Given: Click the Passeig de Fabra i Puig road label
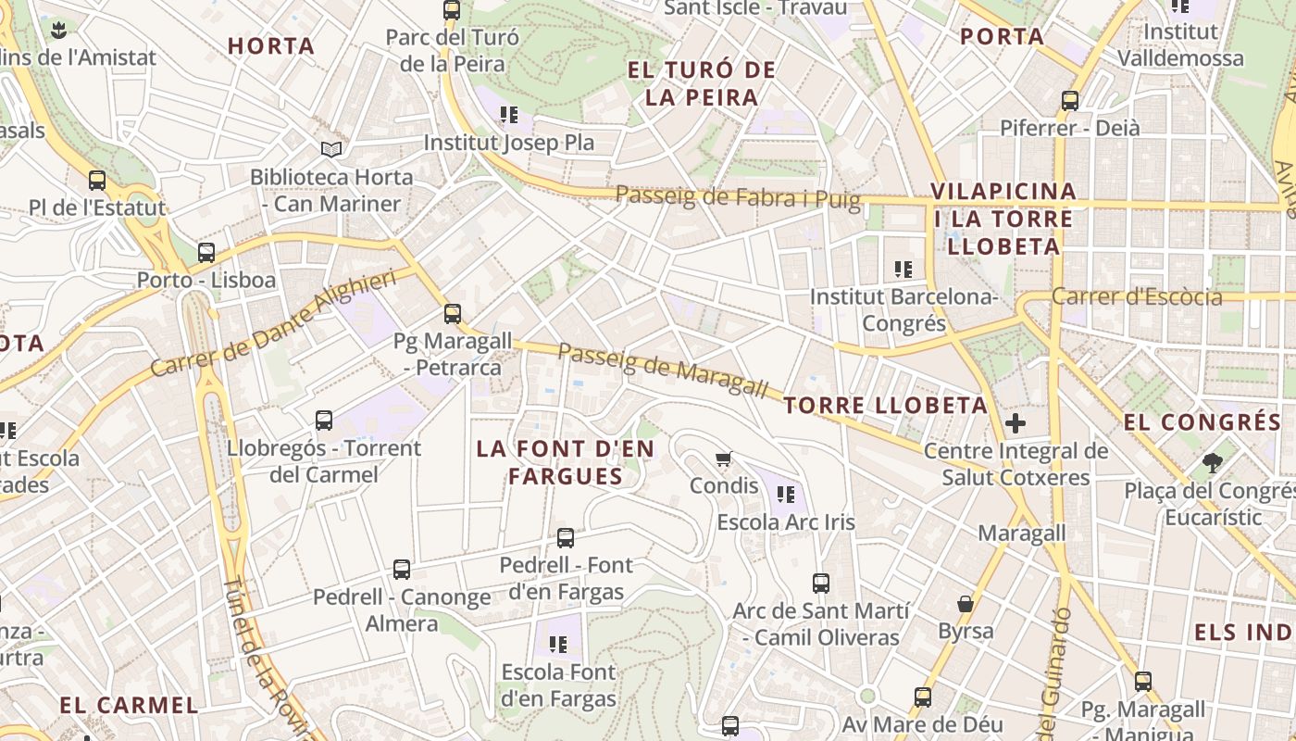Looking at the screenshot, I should (738, 196).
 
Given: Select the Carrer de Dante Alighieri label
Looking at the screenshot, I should (273, 321).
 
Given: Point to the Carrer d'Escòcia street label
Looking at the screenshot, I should (1137, 297).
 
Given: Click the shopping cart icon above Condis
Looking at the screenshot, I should (724, 458).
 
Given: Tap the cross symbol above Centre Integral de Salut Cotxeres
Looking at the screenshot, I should (1016, 424).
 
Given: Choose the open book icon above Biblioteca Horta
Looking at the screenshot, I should (331, 149).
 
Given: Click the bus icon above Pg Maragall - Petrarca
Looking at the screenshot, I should (453, 313).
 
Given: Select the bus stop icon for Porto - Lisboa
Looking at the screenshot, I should (206, 252).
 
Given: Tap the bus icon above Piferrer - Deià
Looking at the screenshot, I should (1070, 100).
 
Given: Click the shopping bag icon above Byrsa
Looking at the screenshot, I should (966, 604).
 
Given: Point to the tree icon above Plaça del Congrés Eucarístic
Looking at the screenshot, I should (1212, 462).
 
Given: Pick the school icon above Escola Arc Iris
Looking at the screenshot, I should (786, 494).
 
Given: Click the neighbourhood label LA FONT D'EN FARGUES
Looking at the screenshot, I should (566, 462).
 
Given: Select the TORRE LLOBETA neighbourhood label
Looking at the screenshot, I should (886, 405).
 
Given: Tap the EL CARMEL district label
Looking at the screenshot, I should (129, 705).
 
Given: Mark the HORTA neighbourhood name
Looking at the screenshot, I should (271, 45).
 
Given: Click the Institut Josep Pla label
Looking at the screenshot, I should (508, 143).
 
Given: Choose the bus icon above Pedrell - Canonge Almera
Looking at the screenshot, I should (402, 570).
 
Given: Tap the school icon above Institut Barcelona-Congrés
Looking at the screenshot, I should (903, 270).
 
